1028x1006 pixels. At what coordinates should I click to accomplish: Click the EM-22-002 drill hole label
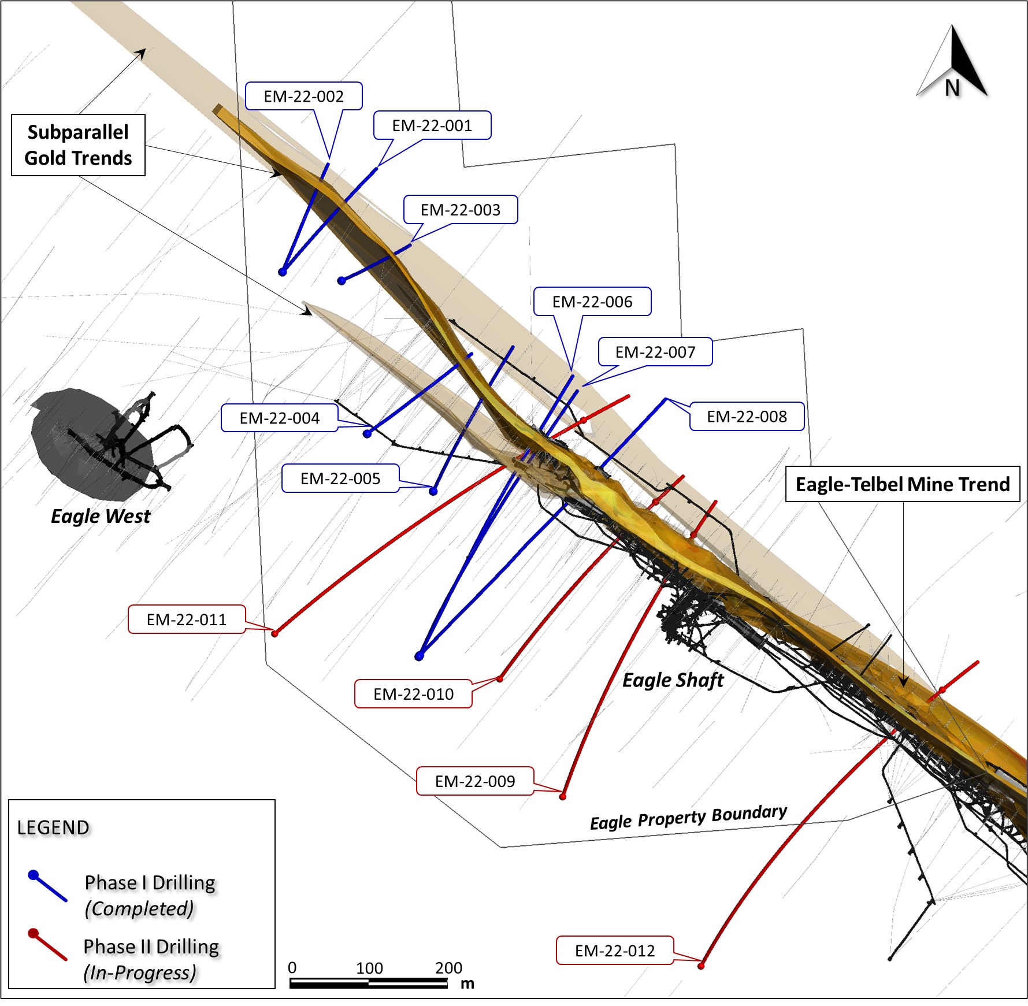pyautogui.click(x=303, y=96)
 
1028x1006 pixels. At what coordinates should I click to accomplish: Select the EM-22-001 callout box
pyautogui.click(x=432, y=125)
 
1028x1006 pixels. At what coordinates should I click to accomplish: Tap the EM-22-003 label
pyautogui.click(x=461, y=210)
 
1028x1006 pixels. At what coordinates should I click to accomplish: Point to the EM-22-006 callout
pyautogui.click(x=592, y=302)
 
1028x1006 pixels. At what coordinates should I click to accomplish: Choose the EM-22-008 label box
pyautogui.click(x=747, y=417)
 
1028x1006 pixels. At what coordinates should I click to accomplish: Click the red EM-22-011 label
pyautogui.click(x=187, y=619)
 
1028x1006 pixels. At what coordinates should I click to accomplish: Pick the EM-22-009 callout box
pyautogui.click(x=475, y=781)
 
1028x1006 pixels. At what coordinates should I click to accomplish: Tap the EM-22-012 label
pyautogui.click(x=615, y=951)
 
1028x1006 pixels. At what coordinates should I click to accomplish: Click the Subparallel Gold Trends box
pyautogui.click(x=78, y=145)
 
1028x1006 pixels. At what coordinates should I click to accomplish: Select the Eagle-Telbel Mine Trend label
pyautogui.click(x=903, y=484)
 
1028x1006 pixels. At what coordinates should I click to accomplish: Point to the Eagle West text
pyautogui.click(x=101, y=516)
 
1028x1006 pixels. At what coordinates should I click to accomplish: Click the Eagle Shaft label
pyautogui.click(x=673, y=680)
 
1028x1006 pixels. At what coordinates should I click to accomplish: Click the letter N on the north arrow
pyautogui.click(x=952, y=88)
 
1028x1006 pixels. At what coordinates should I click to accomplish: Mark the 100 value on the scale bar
pyautogui.click(x=369, y=968)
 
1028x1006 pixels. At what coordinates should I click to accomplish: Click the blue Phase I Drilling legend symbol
pyautogui.click(x=47, y=886)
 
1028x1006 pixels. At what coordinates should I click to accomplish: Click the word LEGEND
pyautogui.click(x=53, y=827)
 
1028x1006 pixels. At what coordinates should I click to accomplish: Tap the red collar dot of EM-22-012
pyautogui.click(x=701, y=966)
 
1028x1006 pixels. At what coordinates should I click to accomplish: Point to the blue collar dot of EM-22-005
pyautogui.click(x=433, y=491)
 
